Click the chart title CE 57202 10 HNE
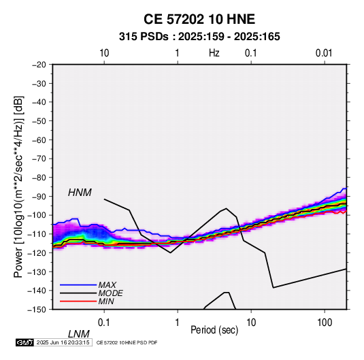[x=199, y=19]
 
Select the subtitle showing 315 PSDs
[x=199, y=37]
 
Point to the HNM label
[x=80, y=193]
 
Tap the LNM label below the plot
[x=78, y=334]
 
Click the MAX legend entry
[x=107, y=284]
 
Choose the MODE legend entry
[x=110, y=293]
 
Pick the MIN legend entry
[x=106, y=301]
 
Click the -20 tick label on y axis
[x=39, y=65]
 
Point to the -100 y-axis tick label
[x=37, y=215]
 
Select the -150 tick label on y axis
[x=37, y=310]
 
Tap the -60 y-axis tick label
[x=39, y=140]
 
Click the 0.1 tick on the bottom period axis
[x=104, y=323]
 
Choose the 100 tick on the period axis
[x=325, y=323]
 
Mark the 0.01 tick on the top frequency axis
[x=324, y=53]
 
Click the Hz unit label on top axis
[x=214, y=53]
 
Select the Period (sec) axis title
[x=214, y=330]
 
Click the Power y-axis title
[x=18, y=186]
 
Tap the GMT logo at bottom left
[x=25, y=342]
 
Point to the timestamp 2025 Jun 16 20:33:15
[x=63, y=342]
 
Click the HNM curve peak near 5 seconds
[x=226, y=208]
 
